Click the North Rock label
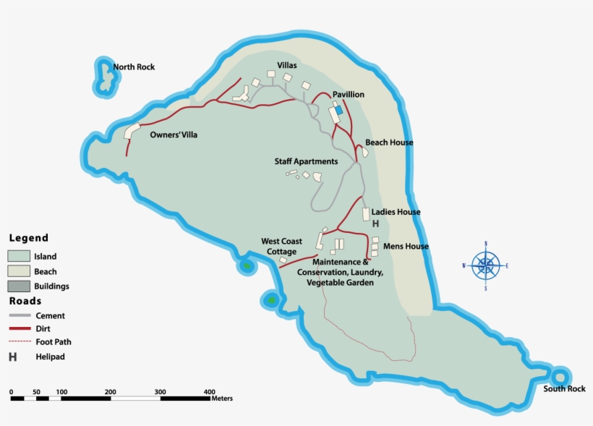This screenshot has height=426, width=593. point(134,67)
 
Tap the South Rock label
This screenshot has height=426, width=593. point(564,389)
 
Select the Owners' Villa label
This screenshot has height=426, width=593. point(173,135)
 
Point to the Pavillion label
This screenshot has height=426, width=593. point(348,95)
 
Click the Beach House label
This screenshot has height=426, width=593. point(389,142)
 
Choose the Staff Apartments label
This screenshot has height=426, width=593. point(306,161)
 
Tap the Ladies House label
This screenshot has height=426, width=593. point(396,212)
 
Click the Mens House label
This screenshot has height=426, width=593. point(406,247)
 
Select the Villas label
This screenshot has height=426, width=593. point(287,65)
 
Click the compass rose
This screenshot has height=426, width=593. point(485,265)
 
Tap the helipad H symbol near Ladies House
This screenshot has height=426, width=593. point(375,224)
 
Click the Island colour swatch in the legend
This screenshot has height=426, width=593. point(19,256)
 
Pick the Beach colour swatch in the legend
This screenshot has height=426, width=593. point(19,271)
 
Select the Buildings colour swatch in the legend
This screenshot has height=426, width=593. point(19,286)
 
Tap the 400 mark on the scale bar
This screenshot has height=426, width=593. point(210,391)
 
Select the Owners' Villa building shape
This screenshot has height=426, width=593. point(132,131)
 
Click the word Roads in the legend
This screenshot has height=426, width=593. point(25,301)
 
